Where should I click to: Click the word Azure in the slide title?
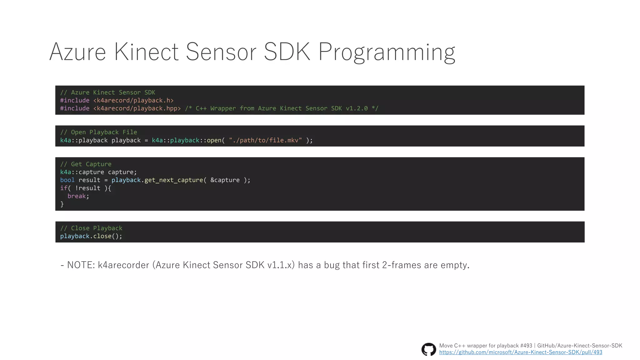click(x=77, y=52)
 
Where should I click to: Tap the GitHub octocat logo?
click(x=428, y=349)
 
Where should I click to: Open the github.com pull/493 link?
click(x=521, y=352)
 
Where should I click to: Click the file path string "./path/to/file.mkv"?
click(x=265, y=140)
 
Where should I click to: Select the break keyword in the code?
click(x=77, y=196)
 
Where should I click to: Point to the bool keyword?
click(x=67, y=180)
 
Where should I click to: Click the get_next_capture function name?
click(x=173, y=180)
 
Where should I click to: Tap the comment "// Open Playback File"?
click(x=98, y=132)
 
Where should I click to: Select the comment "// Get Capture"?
click(x=86, y=164)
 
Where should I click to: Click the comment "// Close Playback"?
click(x=91, y=228)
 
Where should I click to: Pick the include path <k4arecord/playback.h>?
click(x=133, y=101)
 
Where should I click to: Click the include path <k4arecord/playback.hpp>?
click(x=137, y=108)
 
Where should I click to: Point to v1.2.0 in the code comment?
click(x=357, y=108)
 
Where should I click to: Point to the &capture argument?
click(x=225, y=180)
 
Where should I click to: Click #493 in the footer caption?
click(x=526, y=346)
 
